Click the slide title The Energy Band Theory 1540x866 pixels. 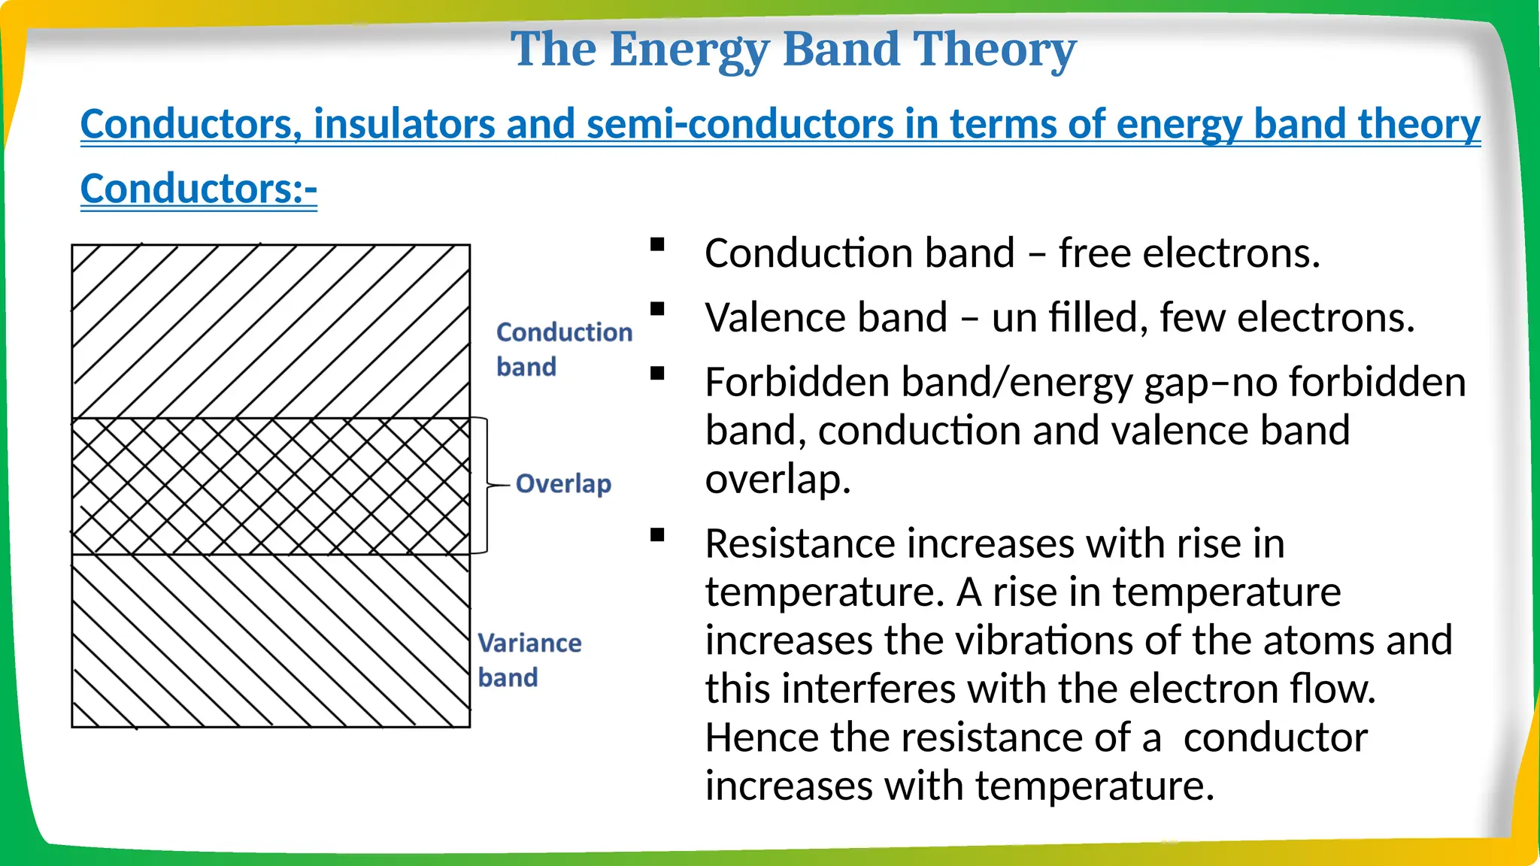pos(793,49)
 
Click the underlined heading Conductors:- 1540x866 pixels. pos(199,189)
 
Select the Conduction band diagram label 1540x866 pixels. pos(563,349)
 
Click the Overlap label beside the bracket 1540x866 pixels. pos(563,483)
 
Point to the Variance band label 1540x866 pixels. pos(529,660)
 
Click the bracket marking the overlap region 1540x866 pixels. pos(486,486)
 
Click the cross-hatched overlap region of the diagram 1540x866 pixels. pos(271,486)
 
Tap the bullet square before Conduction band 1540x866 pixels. pos(658,244)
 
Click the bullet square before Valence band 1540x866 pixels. pos(658,309)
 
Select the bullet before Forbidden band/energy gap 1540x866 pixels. pos(658,374)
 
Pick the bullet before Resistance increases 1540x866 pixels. pos(658,535)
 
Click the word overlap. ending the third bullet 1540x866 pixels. pos(778,480)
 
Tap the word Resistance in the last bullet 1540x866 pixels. pos(800,544)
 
